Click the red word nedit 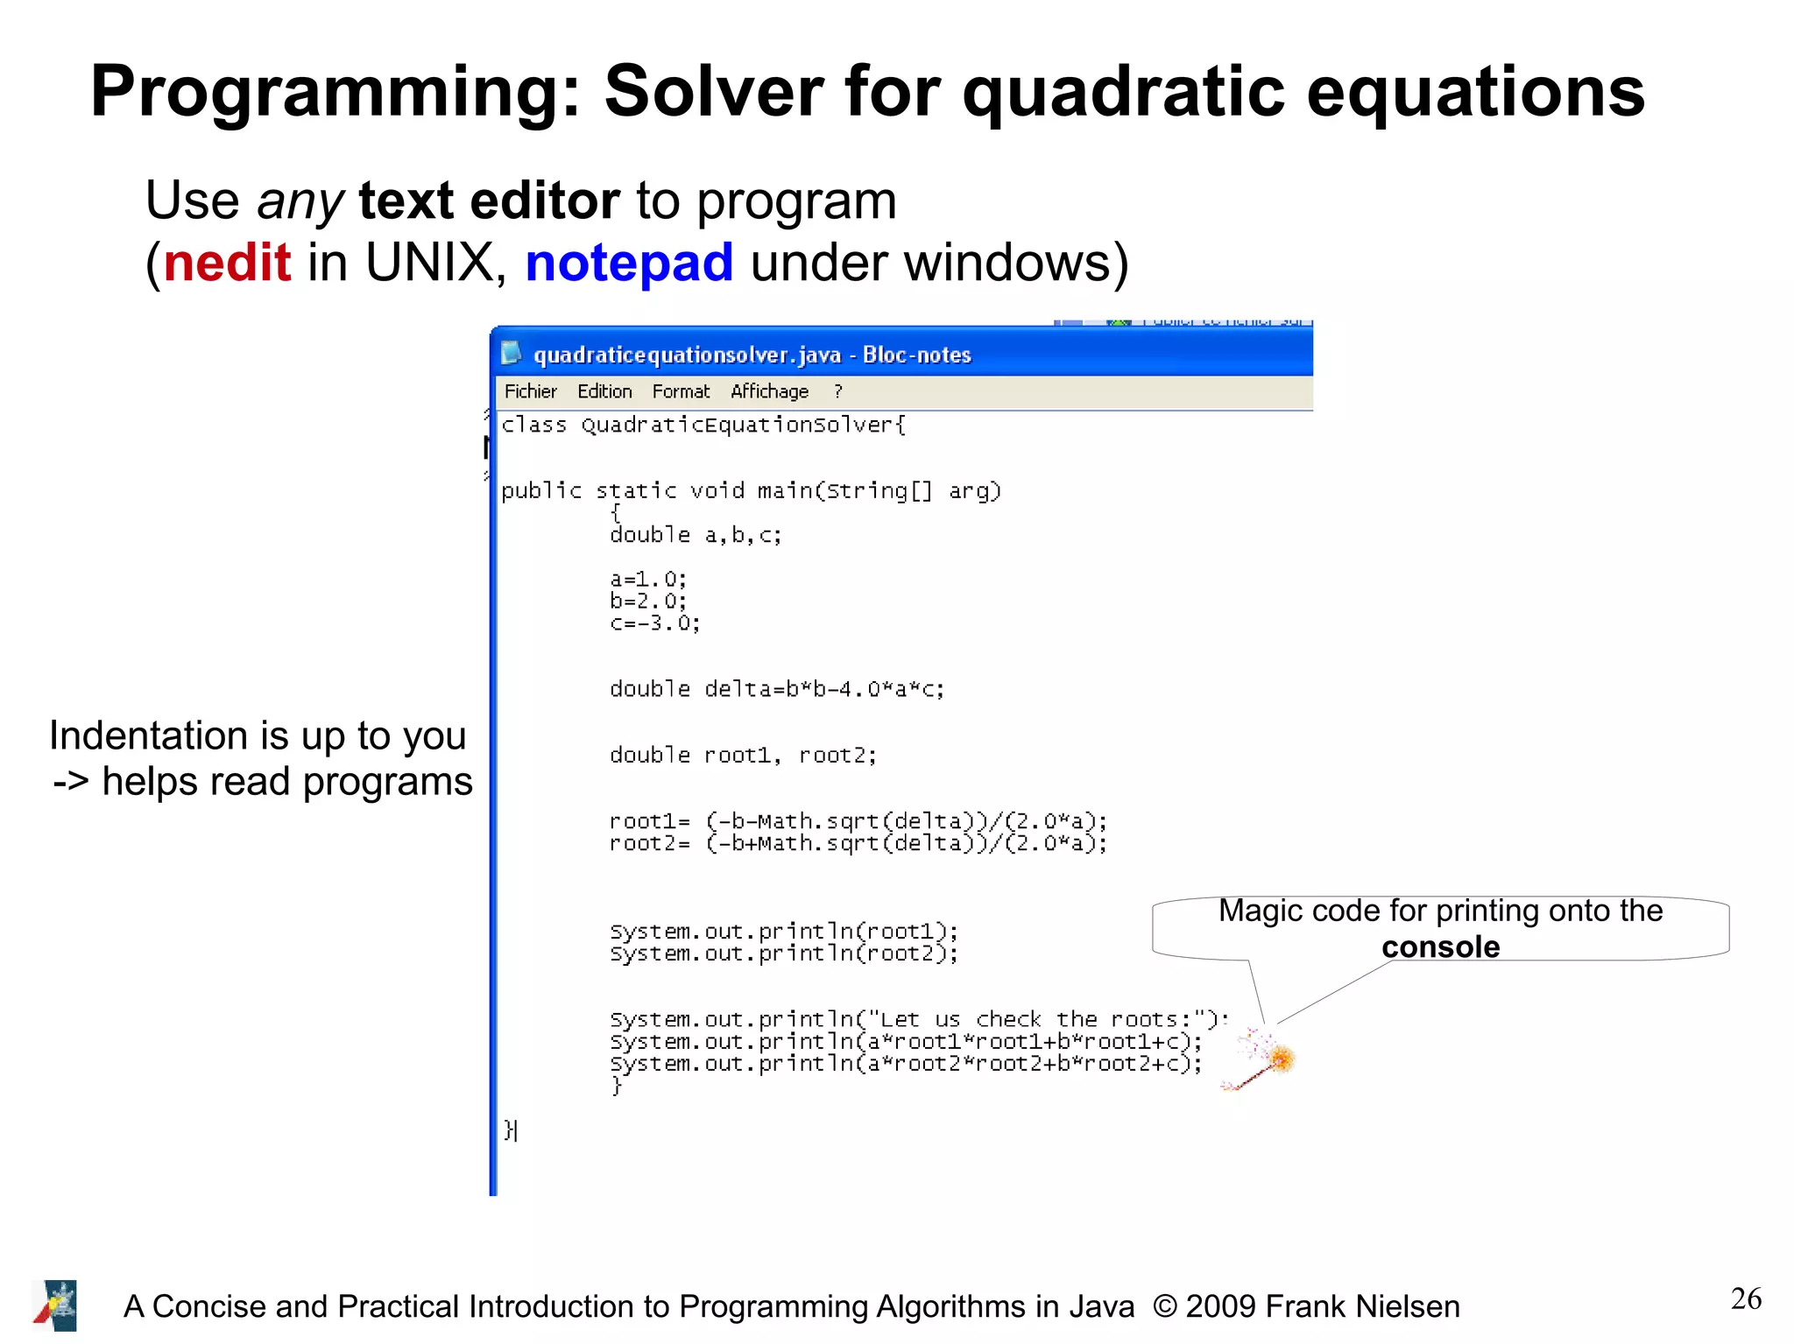pyautogui.click(x=227, y=263)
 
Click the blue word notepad pyautogui.click(x=629, y=263)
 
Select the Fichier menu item pyautogui.click(x=530, y=391)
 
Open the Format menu pyautogui.click(x=681, y=391)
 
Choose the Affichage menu pyautogui.click(x=769, y=391)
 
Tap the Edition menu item pyautogui.click(x=604, y=391)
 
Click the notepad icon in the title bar pyautogui.click(x=512, y=354)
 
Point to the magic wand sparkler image pyautogui.click(x=1261, y=1060)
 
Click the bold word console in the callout pyautogui.click(x=1440, y=947)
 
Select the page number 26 pyautogui.click(x=1745, y=1298)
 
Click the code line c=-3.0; pyautogui.click(x=654, y=623)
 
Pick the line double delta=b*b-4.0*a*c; pyautogui.click(x=777, y=689)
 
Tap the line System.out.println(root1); pyautogui.click(x=784, y=931)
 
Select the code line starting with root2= pyautogui.click(x=858, y=843)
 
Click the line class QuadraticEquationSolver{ pyautogui.click(x=703, y=426)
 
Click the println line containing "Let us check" pyautogui.click(x=918, y=1019)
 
